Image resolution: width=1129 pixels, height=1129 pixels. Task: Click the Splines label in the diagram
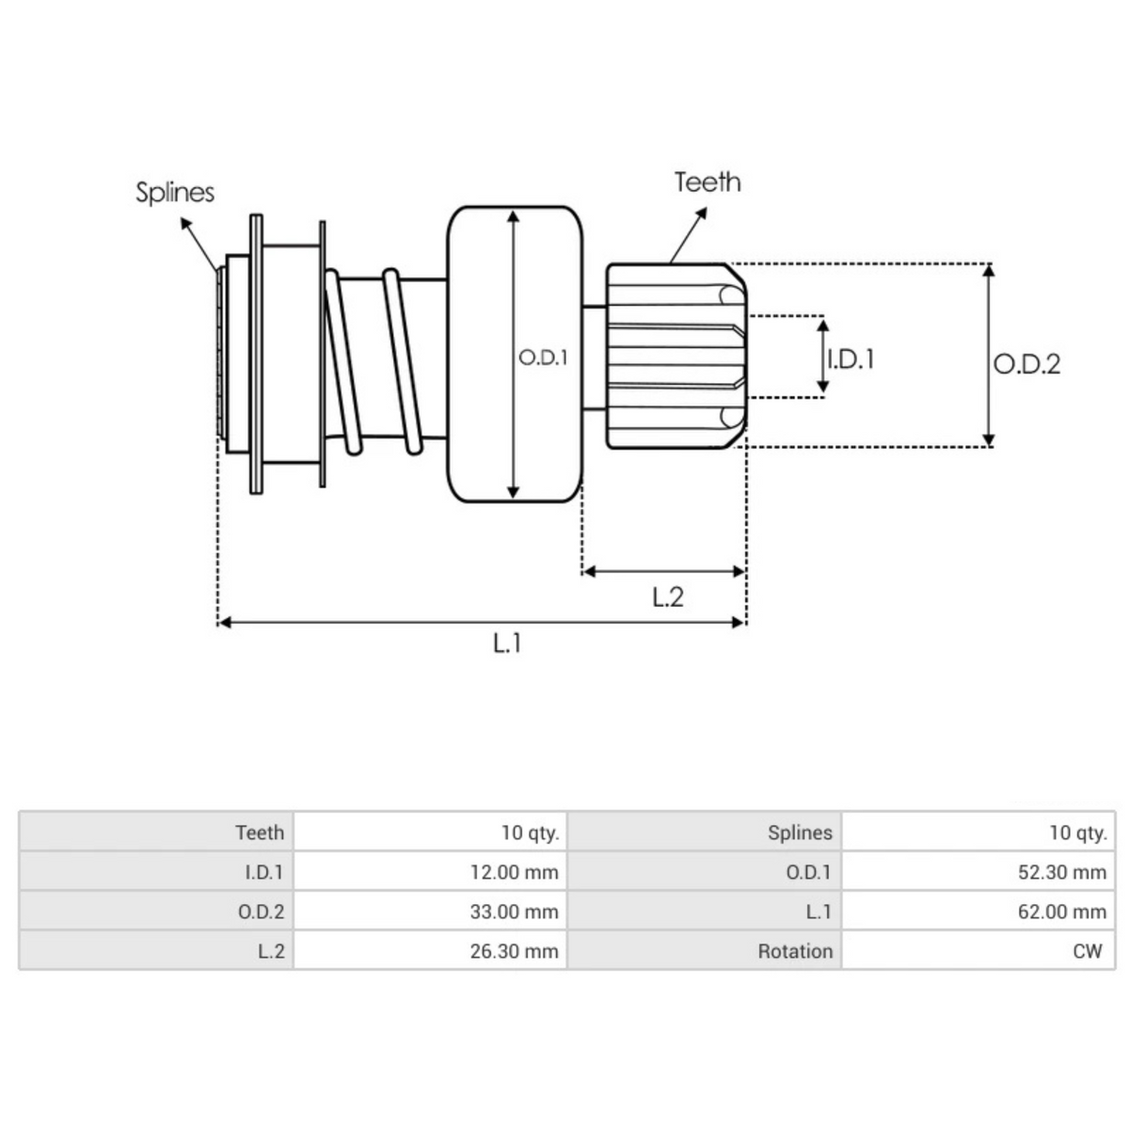click(175, 192)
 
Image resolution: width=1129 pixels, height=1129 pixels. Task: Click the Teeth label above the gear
click(708, 183)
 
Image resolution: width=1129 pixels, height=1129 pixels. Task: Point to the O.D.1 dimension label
click(543, 358)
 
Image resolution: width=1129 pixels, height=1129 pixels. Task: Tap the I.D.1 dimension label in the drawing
click(851, 358)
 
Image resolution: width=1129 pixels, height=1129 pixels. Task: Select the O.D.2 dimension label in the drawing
click(1026, 364)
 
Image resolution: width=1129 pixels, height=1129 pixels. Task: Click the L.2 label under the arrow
click(667, 596)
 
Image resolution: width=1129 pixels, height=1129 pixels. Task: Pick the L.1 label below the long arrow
click(507, 643)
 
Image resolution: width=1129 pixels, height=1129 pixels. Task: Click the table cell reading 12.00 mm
click(514, 872)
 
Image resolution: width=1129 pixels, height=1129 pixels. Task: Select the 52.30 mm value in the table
click(1061, 872)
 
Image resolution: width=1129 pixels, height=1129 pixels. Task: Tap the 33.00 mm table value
click(514, 912)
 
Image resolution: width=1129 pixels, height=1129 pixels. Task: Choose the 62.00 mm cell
click(1061, 912)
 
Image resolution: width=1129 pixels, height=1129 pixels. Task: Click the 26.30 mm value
click(514, 951)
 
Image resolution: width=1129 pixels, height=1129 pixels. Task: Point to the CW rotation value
click(1087, 951)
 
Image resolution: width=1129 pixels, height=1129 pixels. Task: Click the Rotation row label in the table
click(795, 951)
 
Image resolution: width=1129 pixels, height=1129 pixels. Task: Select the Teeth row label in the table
click(260, 833)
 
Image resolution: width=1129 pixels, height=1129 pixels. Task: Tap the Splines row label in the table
click(800, 833)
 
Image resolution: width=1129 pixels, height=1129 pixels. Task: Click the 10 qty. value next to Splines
click(1078, 833)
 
